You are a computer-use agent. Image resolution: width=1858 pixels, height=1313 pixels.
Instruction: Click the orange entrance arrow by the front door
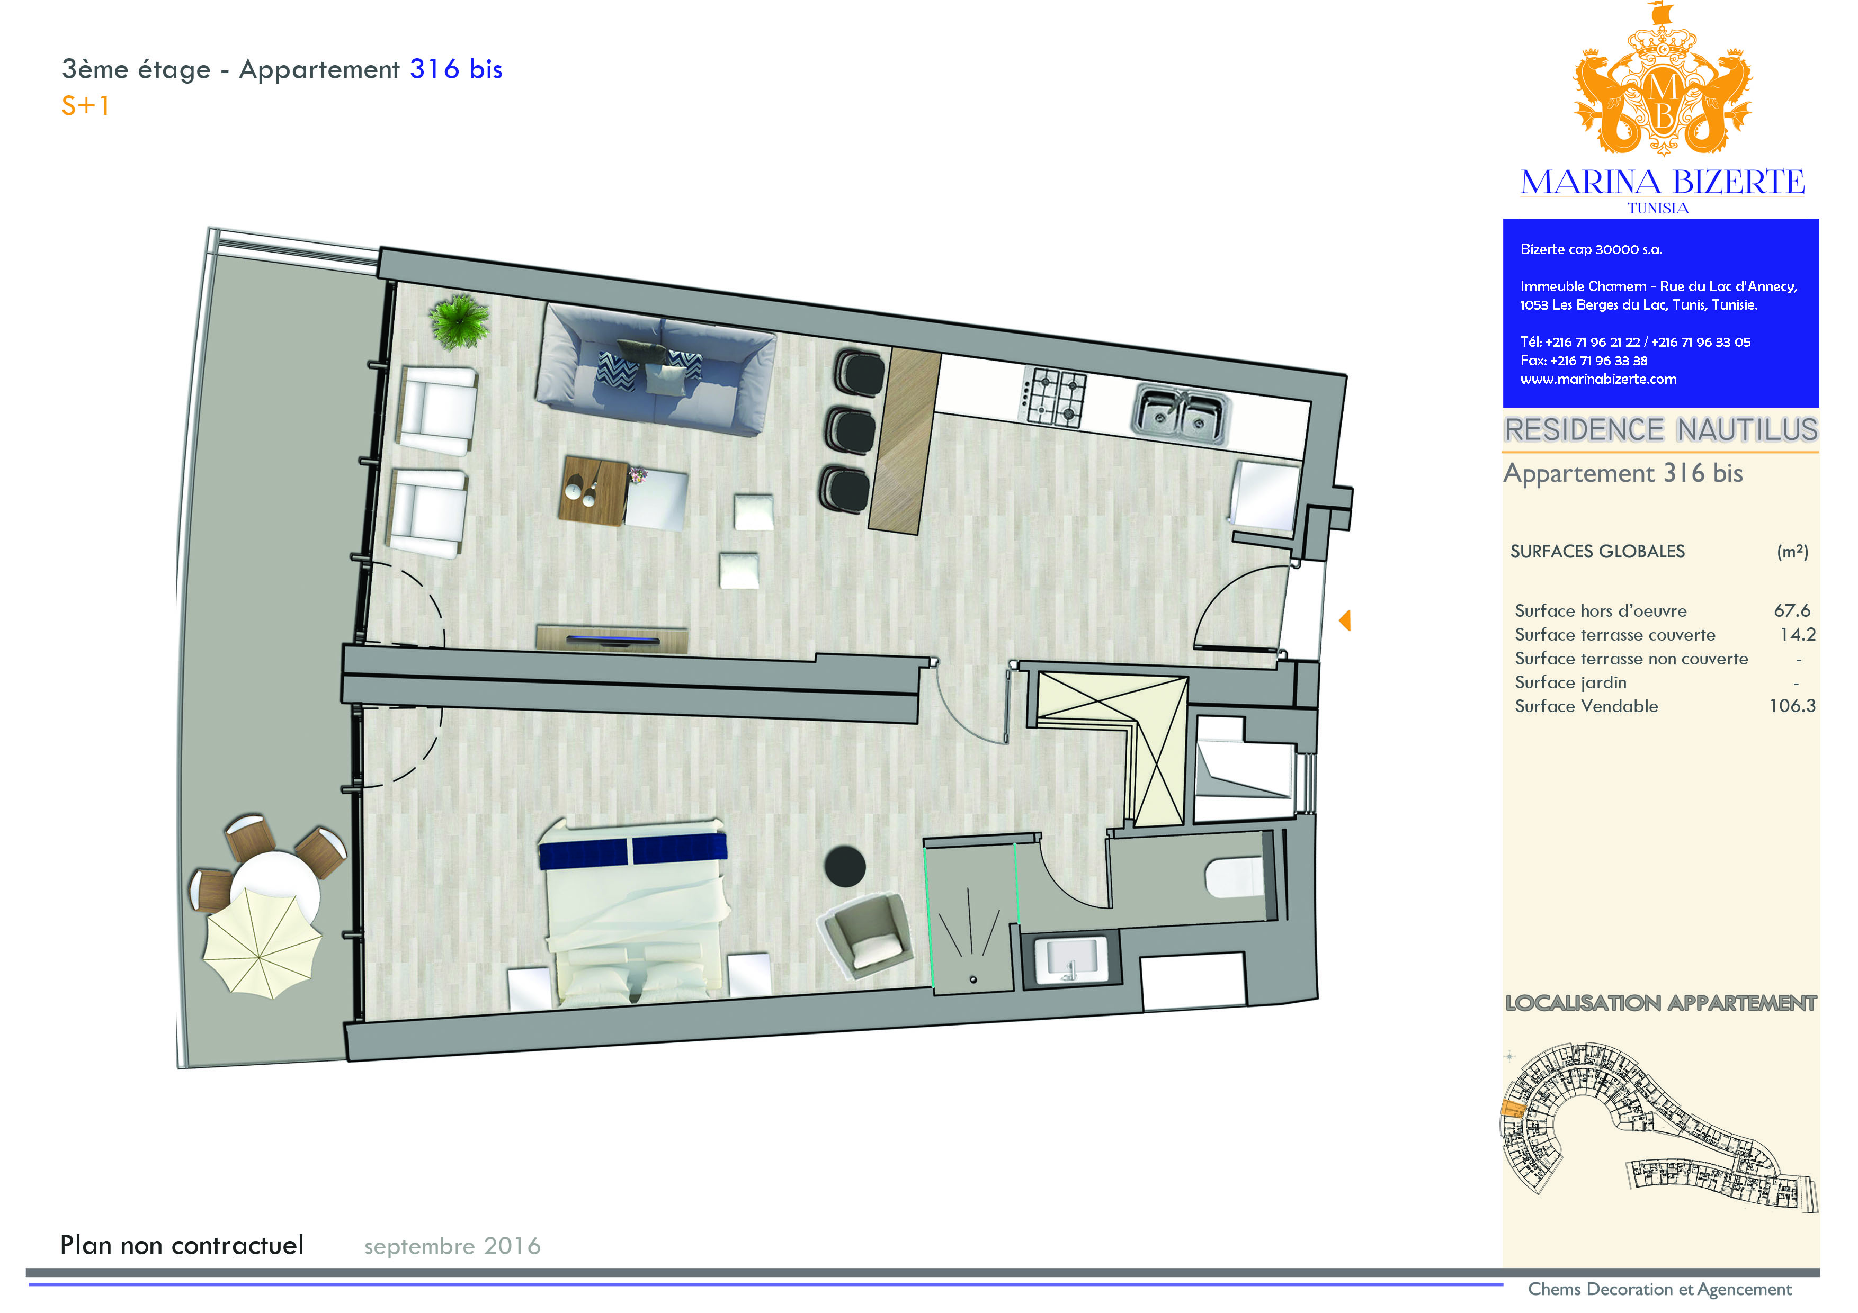click(x=1344, y=620)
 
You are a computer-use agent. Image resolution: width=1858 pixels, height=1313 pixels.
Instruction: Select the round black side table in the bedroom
click(x=845, y=867)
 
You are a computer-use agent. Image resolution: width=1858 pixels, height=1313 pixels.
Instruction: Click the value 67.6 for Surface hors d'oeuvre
click(x=1792, y=611)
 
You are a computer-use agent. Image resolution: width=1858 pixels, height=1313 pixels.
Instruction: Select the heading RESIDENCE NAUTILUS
click(x=1660, y=429)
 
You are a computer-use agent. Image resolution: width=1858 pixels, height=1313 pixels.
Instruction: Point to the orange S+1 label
click(x=85, y=106)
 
